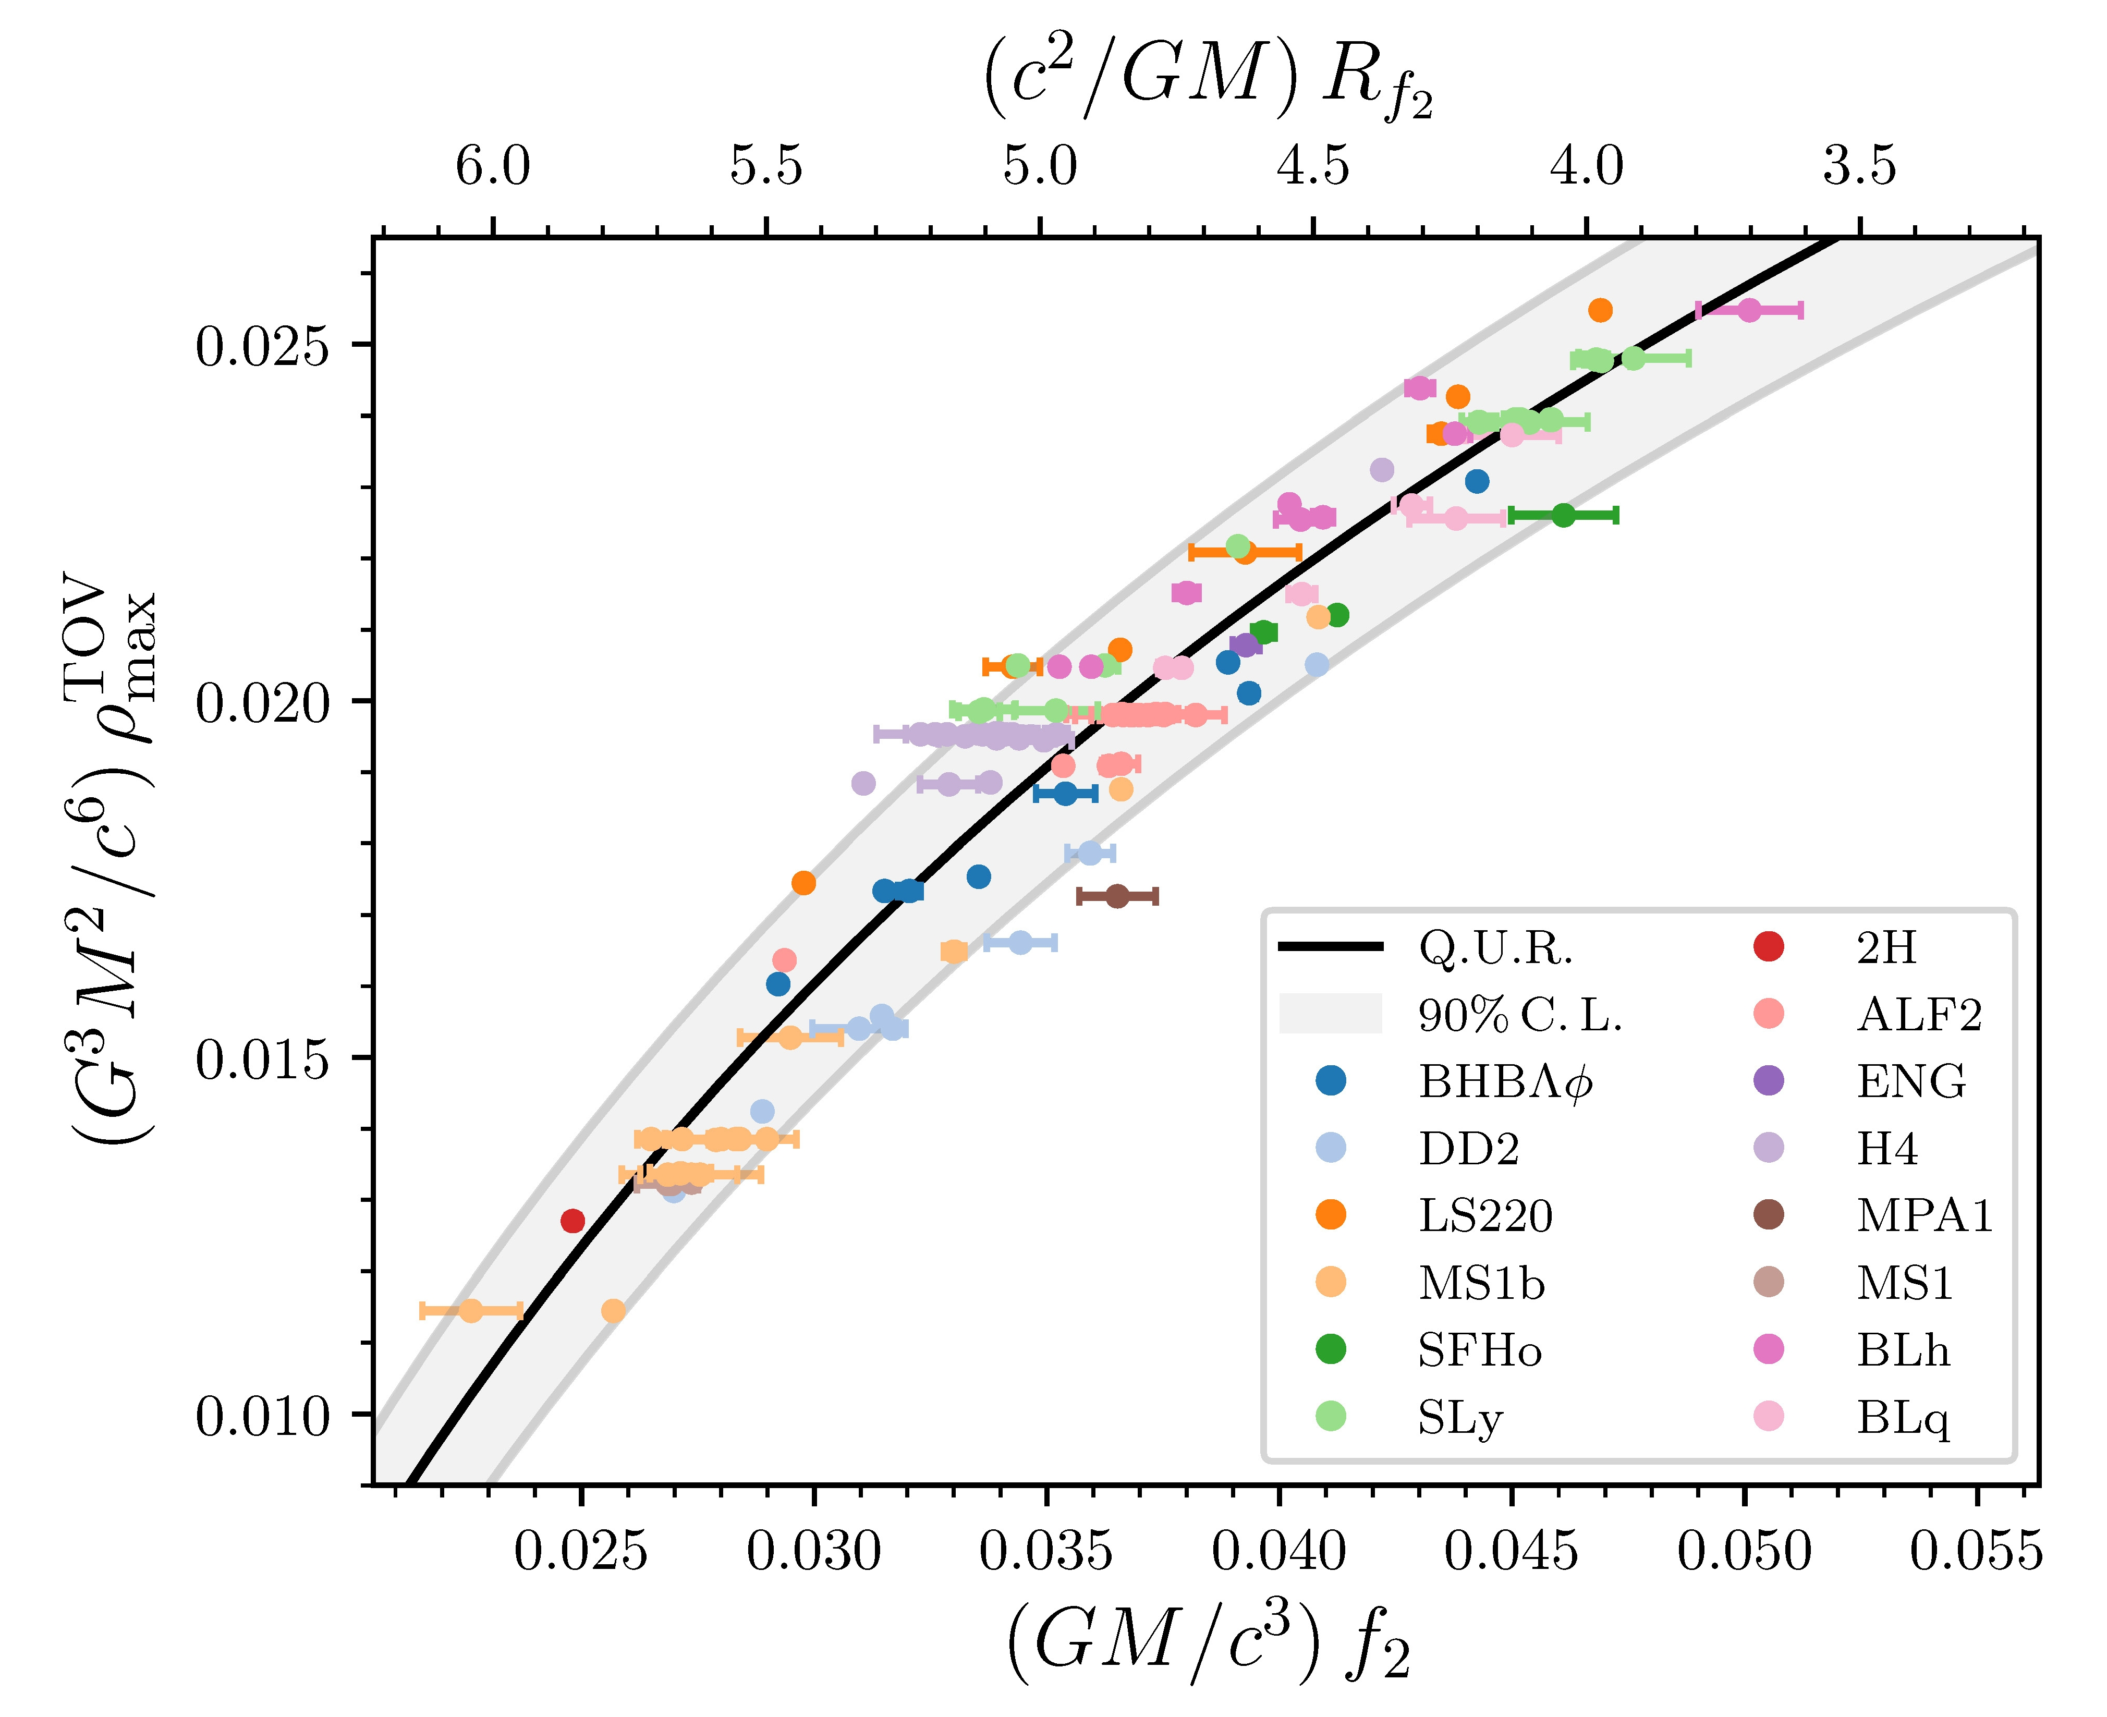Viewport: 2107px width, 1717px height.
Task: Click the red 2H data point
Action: coord(573,1221)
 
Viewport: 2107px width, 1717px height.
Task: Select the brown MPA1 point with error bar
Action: coord(1117,896)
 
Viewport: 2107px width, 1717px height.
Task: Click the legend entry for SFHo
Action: coord(1479,1350)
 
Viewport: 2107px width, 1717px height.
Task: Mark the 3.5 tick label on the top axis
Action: coord(1860,166)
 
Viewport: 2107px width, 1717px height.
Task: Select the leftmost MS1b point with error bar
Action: coord(471,1310)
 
